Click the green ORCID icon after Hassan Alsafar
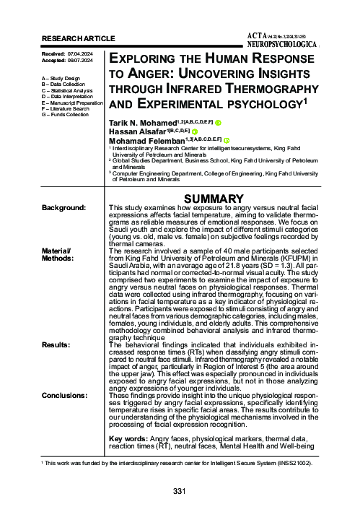(195, 131)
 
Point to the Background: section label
(64, 208)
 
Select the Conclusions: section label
(65, 396)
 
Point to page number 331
(180, 492)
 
